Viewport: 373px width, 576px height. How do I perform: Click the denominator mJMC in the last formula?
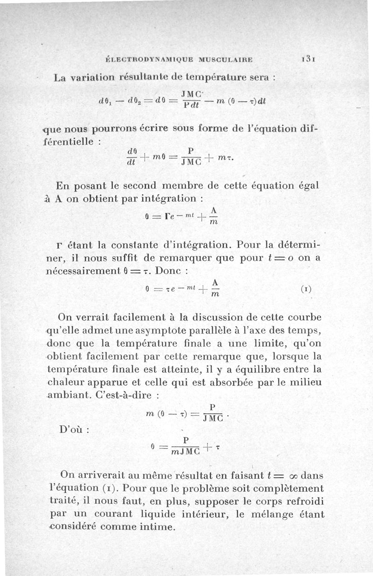(185, 451)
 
